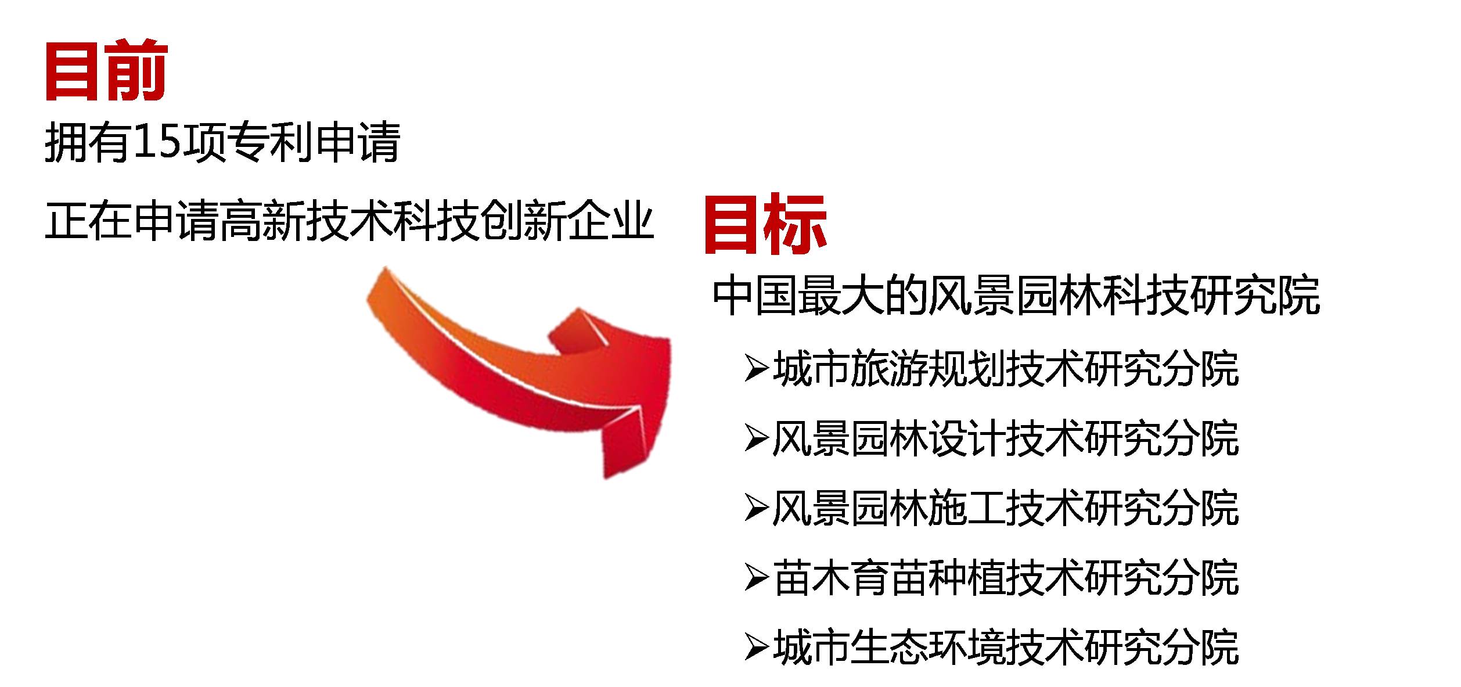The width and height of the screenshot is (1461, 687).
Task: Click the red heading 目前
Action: click(x=106, y=71)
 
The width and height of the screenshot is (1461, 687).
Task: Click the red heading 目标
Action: click(x=765, y=224)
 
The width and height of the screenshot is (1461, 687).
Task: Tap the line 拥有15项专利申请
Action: click(x=222, y=142)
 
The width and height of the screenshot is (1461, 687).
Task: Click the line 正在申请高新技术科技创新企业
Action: click(x=350, y=221)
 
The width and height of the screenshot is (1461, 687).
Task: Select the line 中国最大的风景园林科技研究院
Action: click(x=1016, y=296)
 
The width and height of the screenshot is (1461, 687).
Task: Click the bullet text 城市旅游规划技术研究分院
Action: click(x=1006, y=369)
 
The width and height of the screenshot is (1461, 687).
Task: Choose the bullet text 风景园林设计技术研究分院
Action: click(x=1006, y=438)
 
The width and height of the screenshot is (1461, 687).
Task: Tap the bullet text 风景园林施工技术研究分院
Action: click(x=1006, y=508)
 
